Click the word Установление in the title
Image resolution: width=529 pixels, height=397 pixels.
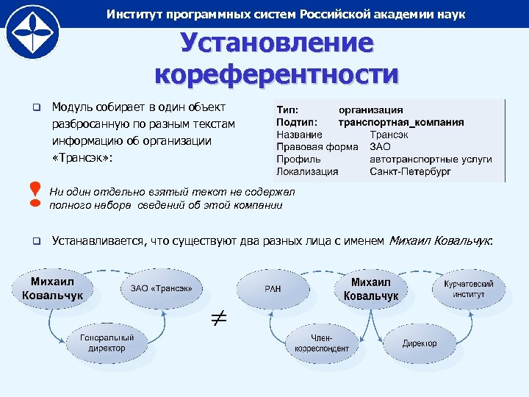(x=277, y=43)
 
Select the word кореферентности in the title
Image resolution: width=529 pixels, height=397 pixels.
(x=277, y=74)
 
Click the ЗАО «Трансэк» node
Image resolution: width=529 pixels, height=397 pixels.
(x=162, y=288)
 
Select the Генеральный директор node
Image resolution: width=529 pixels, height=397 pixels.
(x=107, y=343)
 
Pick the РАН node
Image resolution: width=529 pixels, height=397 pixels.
(x=273, y=290)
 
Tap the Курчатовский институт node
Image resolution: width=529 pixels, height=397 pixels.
(x=468, y=288)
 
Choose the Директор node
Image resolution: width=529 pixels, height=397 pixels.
(x=420, y=343)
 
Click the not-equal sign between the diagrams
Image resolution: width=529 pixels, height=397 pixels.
(x=220, y=318)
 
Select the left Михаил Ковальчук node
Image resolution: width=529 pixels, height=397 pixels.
(x=48, y=289)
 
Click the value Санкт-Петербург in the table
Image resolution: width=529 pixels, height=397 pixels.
(x=410, y=171)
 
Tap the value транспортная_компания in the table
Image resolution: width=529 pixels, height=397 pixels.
(x=400, y=122)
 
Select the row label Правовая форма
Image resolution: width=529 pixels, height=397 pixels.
(x=317, y=147)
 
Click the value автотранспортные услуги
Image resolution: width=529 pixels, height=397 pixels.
(x=431, y=159)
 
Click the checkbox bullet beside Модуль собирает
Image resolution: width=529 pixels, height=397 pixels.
(x=35, y=108)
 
